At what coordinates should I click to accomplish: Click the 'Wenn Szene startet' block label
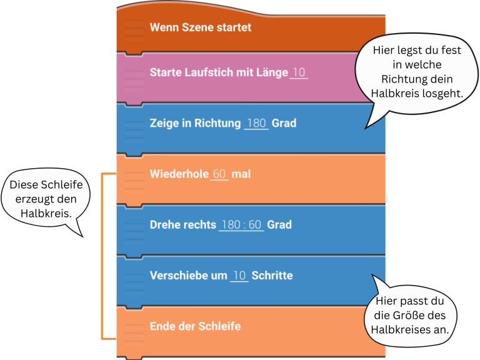(x=200, y=27)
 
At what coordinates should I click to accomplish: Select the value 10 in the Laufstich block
(x=299, y=72)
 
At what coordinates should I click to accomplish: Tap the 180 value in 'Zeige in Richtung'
(x=256, y=123)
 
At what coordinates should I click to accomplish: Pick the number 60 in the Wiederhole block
(x=219, y=174)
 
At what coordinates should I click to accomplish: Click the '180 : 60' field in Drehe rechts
(x=241, y=224)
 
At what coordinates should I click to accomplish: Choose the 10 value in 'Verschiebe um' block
(x=239, y=275)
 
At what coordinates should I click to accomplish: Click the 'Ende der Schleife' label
(x=195, y=326)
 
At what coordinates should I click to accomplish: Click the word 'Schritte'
(x=272, y=275)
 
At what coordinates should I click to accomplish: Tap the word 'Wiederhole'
(x=178, y=174)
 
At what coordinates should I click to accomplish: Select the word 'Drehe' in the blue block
(x=164, y=224)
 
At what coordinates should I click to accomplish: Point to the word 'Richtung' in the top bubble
(x=416, y=79)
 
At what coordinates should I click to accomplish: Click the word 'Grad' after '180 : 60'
(x=279, y=224)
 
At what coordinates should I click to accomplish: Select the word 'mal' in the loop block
(x=241, y=174)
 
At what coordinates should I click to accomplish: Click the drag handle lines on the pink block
(x=134, y=74)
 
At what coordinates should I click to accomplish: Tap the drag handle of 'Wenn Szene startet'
(x=134, y=28)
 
